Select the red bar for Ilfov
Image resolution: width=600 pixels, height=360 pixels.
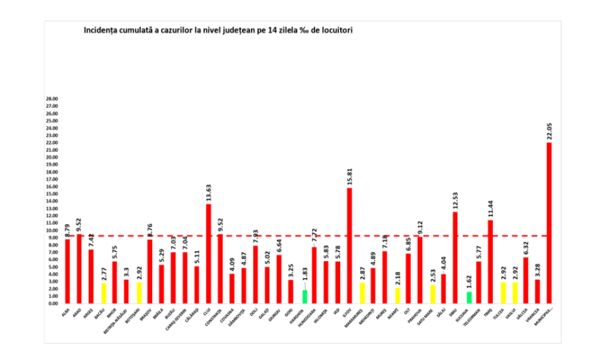[x=350, y=245]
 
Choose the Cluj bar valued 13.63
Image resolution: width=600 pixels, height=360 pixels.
[x=208, y=254]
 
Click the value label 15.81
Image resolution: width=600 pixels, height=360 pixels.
[x=350, y=175]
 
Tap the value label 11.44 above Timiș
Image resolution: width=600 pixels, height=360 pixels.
[x=491, y=206]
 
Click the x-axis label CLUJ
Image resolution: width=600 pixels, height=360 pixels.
[x=207, y=311]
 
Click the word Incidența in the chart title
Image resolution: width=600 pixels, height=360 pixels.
[x=101, y=31]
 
